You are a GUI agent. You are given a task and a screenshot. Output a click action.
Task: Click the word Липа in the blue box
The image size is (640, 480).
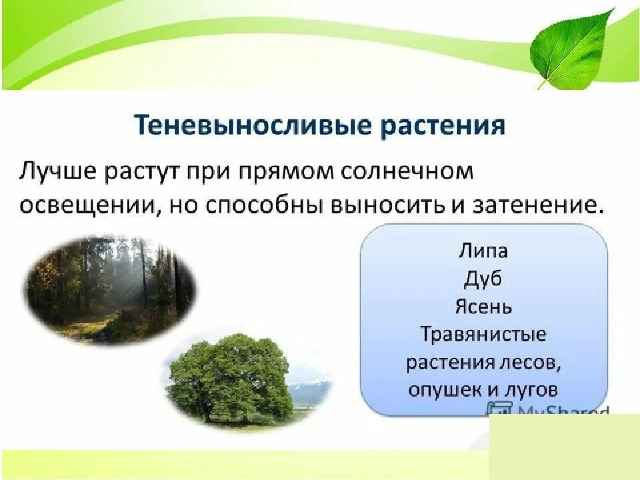point(483,251)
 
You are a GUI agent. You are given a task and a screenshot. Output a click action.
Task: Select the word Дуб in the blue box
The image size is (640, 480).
point(483,279)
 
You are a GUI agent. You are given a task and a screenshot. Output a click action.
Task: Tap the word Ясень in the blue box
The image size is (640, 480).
point(483,307)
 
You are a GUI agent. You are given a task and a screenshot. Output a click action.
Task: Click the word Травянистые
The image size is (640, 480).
point(483,334)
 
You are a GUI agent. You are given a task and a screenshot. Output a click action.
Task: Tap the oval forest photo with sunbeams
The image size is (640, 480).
point(111,287)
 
